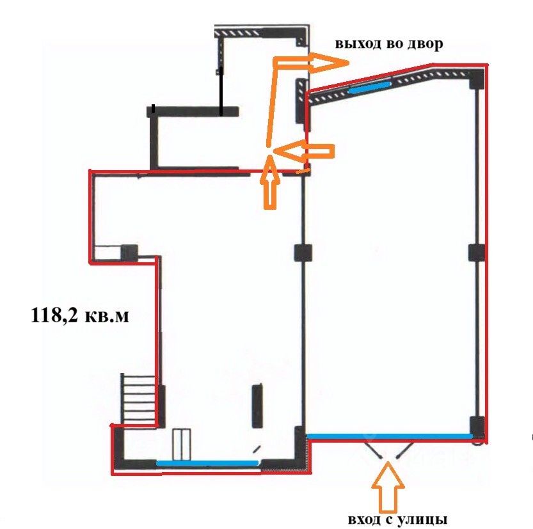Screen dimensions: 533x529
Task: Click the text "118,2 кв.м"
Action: [80, 315]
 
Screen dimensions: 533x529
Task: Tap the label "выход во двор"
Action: [389, 44]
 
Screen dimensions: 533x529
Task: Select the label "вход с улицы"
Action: [397, 519]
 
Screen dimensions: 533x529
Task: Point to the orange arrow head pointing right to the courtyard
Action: [328, 63]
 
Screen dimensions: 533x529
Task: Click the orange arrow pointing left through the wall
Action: [303, 151]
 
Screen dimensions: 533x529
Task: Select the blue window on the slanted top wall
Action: [369, 88]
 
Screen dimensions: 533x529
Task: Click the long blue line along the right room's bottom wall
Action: [390, 436]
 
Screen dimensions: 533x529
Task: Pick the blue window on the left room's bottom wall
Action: [207, 462]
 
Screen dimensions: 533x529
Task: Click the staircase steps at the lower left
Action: [139, 399]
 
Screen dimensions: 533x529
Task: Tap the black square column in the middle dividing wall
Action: [303, 253]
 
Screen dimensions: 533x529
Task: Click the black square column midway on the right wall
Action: [477, 253]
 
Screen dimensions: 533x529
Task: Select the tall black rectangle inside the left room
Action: [257, 406]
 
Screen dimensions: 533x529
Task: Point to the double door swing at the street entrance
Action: [390, 450]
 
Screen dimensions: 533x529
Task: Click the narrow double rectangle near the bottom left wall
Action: [181, 445]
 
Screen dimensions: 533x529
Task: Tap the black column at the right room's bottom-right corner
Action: [477, 427]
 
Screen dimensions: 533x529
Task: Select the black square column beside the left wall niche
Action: [129, 253]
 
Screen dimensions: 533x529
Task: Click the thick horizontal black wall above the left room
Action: [193, 112]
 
